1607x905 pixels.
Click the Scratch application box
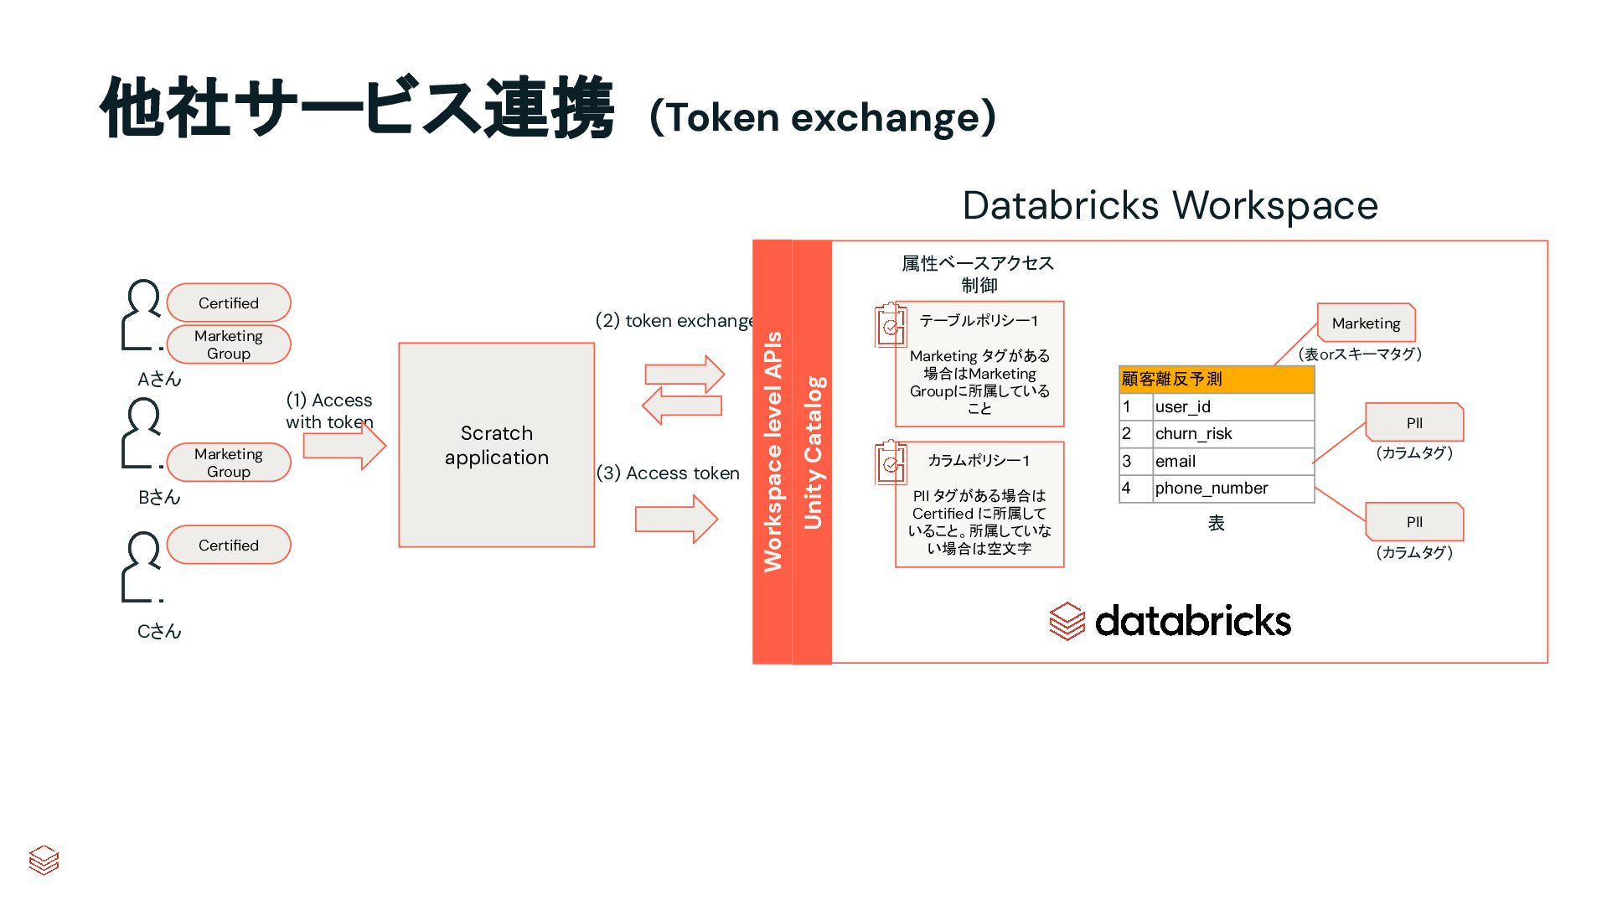pyautogui.click(x=496, y=445)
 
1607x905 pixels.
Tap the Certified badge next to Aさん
pyautogui.click(x=229, y=303)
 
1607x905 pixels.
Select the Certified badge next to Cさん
pyautogui.click(x=229, y=545)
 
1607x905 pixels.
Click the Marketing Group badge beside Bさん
pyautogui.click(x=229, y=463)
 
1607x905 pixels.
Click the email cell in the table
pyautogui.click(x=1232, y=461)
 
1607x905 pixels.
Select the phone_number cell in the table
pyautogui.click(x=1232, y=489)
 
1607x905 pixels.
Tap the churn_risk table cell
pyautogui.click(x=1232, y=433)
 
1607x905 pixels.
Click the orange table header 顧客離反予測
pyautogui.click(x=1216, y=379)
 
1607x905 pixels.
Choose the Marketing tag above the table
pyautogui.click(x=1366, y=323)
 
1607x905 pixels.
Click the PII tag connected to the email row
pyautogui.click(x=1414, y=423)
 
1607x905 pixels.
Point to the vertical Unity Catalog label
pyautogui.click(x=813, y=452)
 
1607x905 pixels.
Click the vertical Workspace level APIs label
pyautogui.click(x=772, y=452)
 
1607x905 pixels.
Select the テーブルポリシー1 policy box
pyautogui.click(x=979, y=365)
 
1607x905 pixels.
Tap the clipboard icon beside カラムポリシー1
pyautogui.click(x=891, y=463)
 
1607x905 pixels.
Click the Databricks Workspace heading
pyautogui.click(x=1170, y=205)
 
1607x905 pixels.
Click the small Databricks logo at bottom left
pyautogui.click(x=44, y=860)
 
